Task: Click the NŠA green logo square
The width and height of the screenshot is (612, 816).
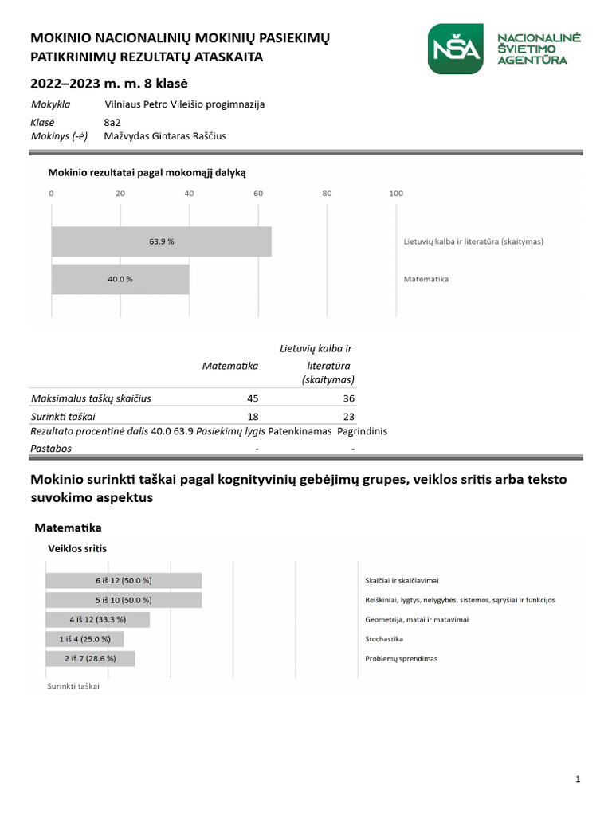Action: (455, 49)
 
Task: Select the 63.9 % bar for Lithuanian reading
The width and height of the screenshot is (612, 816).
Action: (161, 241)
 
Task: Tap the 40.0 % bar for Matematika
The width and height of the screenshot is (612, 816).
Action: (120, 280)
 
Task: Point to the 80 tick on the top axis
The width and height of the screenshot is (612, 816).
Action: (327, 193)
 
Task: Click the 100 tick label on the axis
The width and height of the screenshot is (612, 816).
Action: (395, 193)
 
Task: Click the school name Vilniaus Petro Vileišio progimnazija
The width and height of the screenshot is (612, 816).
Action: (185, 104)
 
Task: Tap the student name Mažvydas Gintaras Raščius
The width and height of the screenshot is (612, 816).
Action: (165, 136)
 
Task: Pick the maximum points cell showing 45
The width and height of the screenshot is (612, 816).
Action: (253, 398)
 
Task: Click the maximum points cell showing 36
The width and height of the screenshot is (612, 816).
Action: (348, 398)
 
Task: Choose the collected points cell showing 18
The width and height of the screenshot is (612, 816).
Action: (253, 416)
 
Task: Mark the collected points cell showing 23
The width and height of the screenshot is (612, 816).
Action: (348, 416)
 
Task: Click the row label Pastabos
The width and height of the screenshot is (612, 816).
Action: (51, 449)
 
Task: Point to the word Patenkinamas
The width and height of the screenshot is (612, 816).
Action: (300, 431)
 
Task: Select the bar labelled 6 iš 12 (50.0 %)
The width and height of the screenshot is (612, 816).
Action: (124, 581)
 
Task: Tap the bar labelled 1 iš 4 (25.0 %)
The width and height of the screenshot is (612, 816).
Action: (85, 639)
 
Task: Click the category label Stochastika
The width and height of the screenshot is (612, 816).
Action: (384, 639)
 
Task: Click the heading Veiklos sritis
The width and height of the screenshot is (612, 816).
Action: (77, 548)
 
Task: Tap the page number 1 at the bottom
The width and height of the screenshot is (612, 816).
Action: (577, 779)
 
